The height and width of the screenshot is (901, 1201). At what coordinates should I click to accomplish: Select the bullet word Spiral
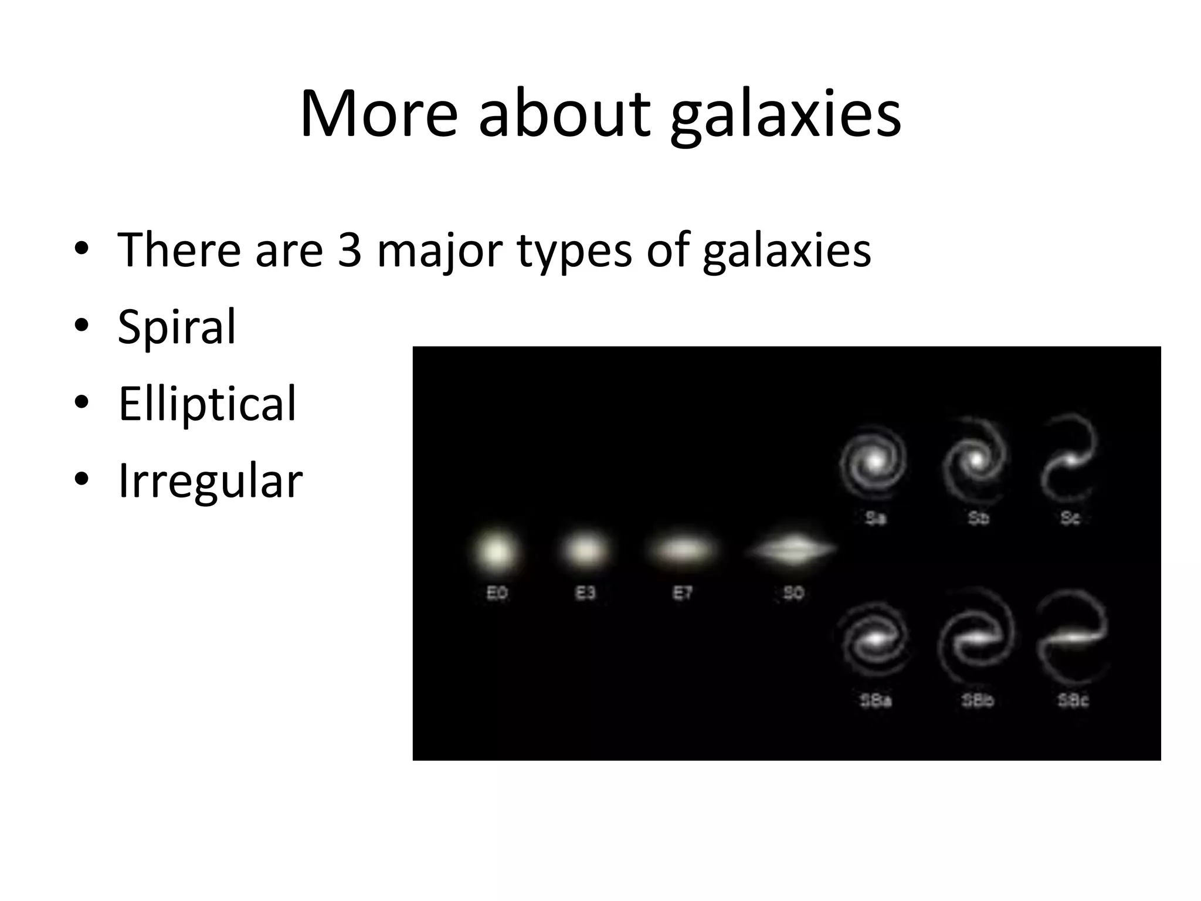(x=177, y=327)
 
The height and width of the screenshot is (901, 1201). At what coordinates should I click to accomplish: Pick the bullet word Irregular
(x=210, y=481)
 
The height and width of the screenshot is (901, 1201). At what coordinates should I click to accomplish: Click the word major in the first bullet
(x=439, y=251)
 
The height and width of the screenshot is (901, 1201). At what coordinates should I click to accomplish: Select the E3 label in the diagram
(x=585, y=594)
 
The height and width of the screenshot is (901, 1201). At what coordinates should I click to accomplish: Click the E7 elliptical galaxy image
(x=683, y=550)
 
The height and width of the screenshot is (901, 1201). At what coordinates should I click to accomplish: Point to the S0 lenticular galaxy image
(x=792, y=550)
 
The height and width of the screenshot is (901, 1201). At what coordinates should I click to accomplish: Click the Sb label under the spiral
(x=978, y=518)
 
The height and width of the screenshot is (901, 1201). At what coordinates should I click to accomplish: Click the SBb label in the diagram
(x=978, y=700)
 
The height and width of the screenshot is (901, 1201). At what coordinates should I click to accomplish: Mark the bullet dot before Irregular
(x=82, y=479)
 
